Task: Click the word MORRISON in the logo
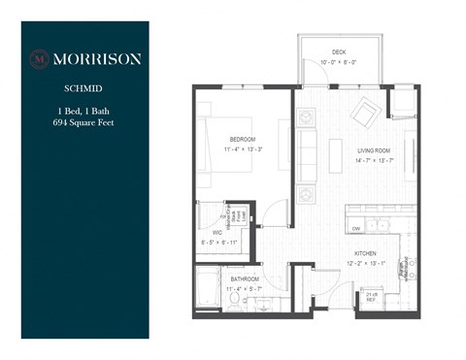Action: (x=95, y=58)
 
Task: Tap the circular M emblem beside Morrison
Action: (x=39, y=58)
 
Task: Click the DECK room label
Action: (x=339, y=52)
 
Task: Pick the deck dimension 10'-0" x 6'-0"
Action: (x=339, y=63)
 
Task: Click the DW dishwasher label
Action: (x=357, y=229)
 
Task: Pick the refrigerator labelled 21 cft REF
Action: (x=371, y=297)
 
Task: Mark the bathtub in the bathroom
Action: (x=208, y=292)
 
